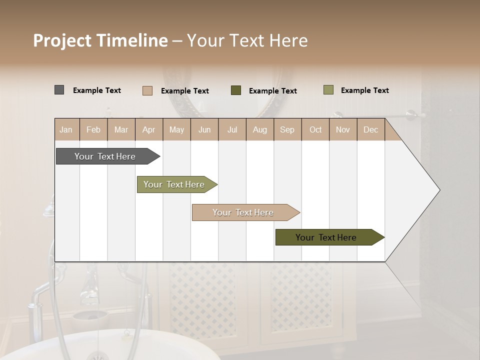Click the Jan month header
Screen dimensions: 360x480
click(x=66, y=130)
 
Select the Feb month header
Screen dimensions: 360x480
click(x=93, y=130)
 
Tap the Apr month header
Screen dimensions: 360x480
click(x=148, y=130)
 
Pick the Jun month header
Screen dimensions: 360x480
click(x=204, y=130)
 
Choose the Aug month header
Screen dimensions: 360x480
click(x=259, y=130)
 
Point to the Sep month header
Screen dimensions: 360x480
click(x=287, y=130)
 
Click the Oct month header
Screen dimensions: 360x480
click(x=315, y=130)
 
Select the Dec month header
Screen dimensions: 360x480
click(x=370, y=130)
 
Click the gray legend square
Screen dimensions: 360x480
click(x=59, y=90)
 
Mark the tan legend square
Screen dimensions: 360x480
click(x=147, y=90)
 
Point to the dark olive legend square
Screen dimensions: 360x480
click(x=236, y=90)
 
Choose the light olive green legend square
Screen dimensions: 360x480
click(x=328, y=90)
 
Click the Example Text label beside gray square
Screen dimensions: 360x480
click(x=97, y=90)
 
